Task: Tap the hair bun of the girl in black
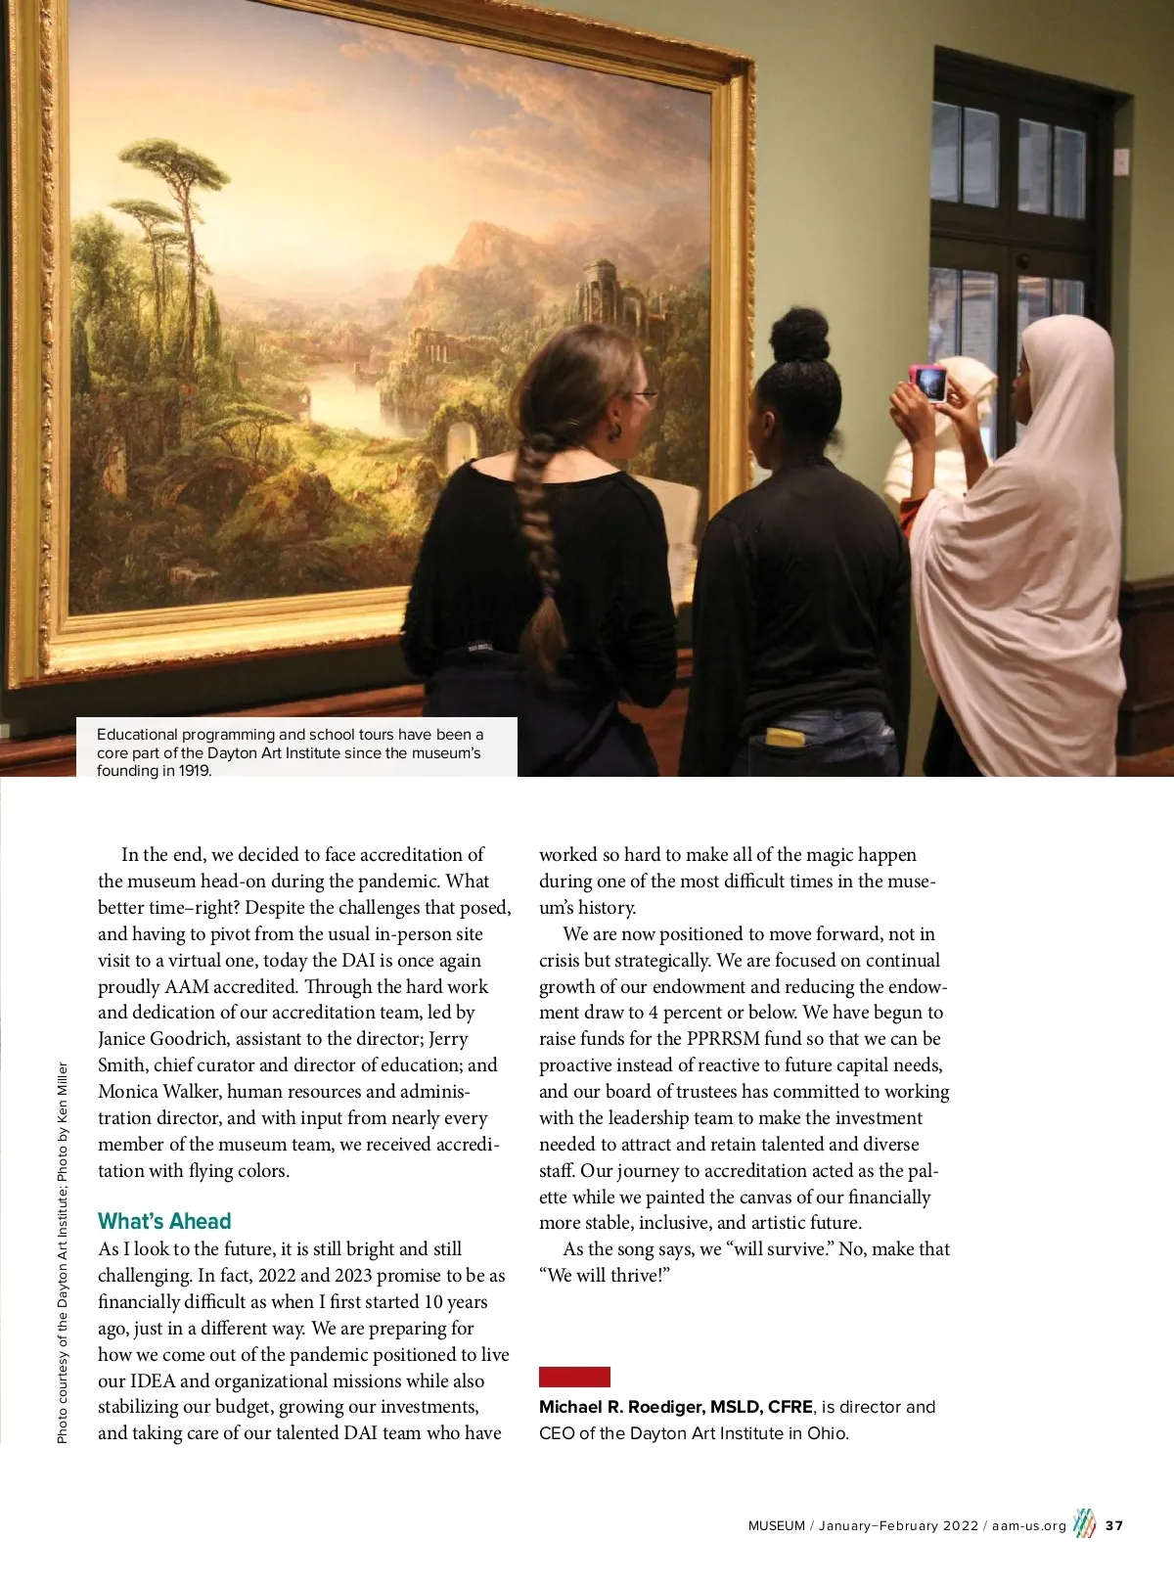tap(799, 334)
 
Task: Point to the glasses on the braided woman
tap(644, 395)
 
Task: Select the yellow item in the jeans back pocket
tap(785, 737)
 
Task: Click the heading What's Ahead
tap(164, 1221)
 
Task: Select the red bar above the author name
tap(574, 1377)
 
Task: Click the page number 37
tap(1114, 1525)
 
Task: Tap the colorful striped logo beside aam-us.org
tap(1083, 1523)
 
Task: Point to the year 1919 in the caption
tap(194, 770)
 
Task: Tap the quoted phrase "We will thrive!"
tap(605, 1276)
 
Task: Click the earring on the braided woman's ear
tap(617, 431)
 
